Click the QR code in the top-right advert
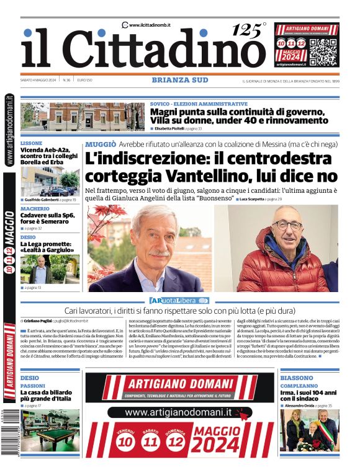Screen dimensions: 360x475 pyautogui.click(x=324, y=53)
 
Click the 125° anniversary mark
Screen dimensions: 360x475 pyautogui.click(x=248, y=29)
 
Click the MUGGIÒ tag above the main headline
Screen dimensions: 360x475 pyautogui.click(x=101, y=144)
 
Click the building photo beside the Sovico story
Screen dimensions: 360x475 pyautogui.click(x=83, y=117)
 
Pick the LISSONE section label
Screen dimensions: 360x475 pyautogui.click(x=31, y=143)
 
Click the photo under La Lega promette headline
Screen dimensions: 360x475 pyautogui.click(x=50, y=269)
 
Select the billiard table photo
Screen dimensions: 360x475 pyautogui.click(x=50, y=430)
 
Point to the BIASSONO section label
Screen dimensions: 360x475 pyautogui.click(x=296, y=378)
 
